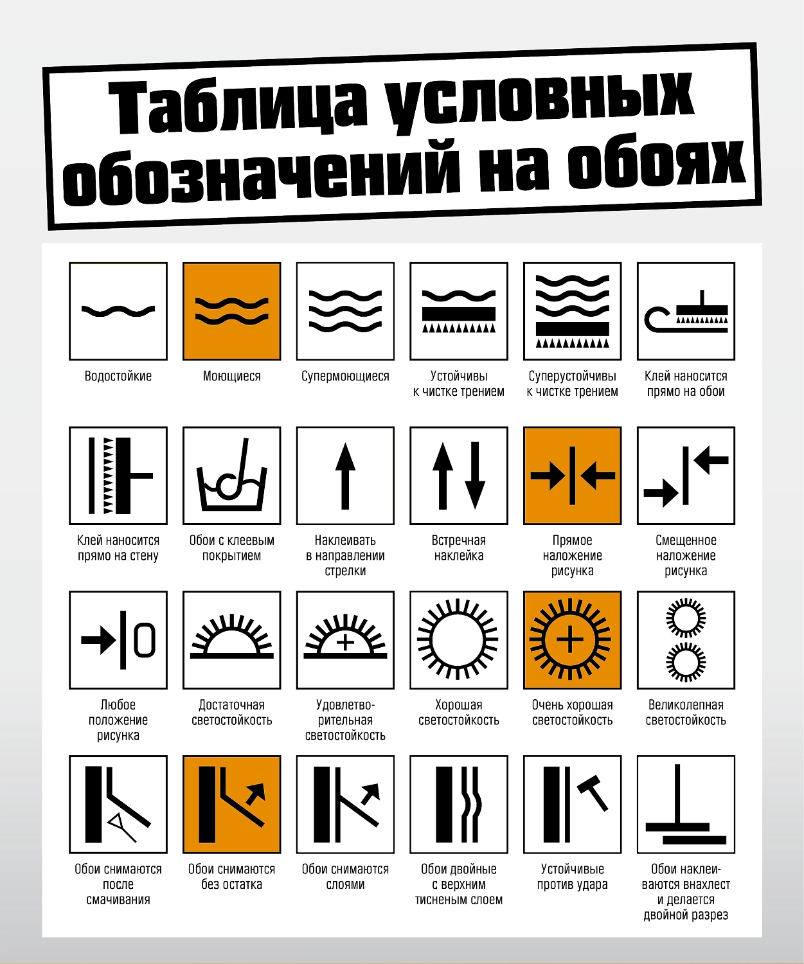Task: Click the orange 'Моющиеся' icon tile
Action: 232,311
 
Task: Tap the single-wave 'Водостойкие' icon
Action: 118,311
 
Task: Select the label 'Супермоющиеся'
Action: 345,376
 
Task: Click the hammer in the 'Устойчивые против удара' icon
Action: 593,793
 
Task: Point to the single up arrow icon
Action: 345,476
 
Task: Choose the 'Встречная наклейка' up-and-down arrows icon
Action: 459,476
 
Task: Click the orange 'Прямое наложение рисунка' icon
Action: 573,476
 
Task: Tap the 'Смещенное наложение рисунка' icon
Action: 686,476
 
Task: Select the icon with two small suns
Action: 686,640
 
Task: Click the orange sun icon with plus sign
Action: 573,640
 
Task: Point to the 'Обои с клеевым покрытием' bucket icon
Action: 232,476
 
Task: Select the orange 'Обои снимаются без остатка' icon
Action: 232,804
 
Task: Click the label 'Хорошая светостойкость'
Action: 459,712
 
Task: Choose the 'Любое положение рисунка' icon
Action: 118,640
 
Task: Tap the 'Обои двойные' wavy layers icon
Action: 459,804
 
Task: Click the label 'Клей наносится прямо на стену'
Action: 118,548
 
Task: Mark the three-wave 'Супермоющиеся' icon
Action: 345,311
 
